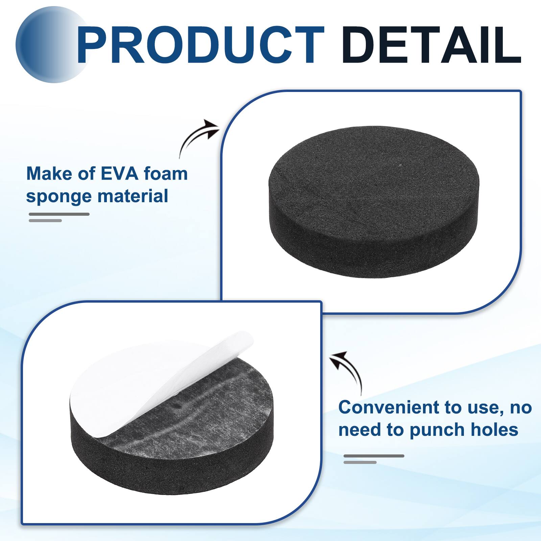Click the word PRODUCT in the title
coord(200,45)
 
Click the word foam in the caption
coord(166,174)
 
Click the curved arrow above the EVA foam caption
coord(198,137)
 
